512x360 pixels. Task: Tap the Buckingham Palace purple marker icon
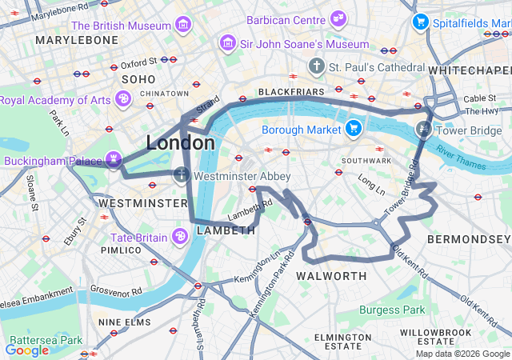[x=113, y=160]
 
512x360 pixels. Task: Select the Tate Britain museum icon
[x=180, y=237]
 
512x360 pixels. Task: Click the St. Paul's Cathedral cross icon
[x=317, y=66]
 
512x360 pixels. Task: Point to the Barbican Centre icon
[x=339, y=18]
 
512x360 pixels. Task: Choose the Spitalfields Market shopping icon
[x=419, y=23]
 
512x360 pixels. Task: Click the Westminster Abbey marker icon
[x=182, y=175]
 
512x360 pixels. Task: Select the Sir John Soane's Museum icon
[x=229, y=43]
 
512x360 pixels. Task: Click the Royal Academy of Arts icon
[x=122, y=99]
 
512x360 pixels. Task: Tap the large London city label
[x=180, y=143]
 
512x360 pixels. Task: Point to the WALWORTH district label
[x=331, y=276]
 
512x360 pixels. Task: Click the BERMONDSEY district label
[x=469, y=239]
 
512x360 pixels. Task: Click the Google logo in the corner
[x=26, y=350]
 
